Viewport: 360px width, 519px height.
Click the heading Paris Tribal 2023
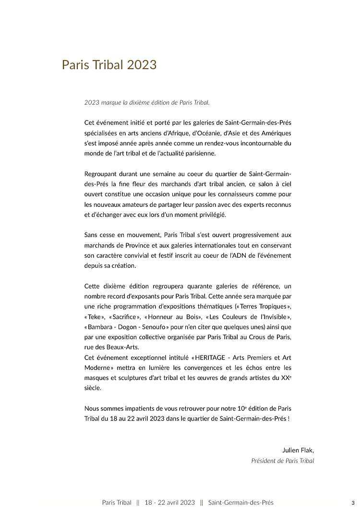point(109,65)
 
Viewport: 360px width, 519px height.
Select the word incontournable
point(249,143)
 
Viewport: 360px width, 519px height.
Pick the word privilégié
point(210,214)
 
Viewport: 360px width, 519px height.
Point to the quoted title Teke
point(95,317)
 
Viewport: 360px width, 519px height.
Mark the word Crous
point(251,337)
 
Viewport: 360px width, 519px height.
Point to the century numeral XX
point(284,378)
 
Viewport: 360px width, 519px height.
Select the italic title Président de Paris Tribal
point(283,461)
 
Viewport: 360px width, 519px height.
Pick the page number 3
point(353,503)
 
